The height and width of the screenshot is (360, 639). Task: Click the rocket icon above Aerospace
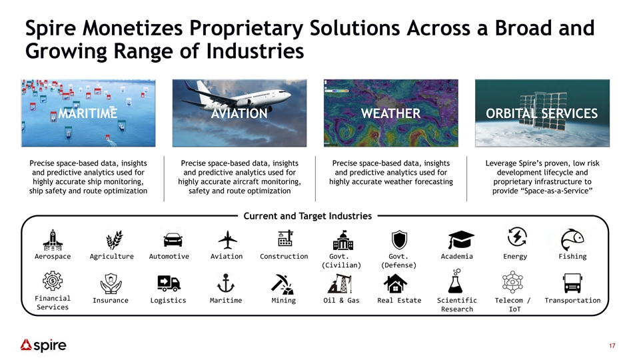coord(53,240)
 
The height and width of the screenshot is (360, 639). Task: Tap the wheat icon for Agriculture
coord(114,240)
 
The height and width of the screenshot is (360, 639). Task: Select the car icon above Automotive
coord(173,240)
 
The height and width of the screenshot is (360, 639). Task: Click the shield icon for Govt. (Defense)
coord(399,240)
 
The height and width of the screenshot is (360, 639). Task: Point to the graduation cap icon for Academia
coord(461,240)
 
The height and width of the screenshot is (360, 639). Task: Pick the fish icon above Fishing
coord(572,240)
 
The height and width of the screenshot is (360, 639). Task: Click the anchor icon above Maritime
coord(226,283)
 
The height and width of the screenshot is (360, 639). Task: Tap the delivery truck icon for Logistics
coord(169,283)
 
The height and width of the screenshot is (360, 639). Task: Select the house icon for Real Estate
coord(395,283)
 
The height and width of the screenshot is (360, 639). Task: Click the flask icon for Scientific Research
coord(455,281)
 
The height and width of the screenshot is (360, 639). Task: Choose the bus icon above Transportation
coord(572,283)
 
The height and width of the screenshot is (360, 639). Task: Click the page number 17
coord(612,346)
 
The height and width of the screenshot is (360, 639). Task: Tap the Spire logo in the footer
coord(43,345)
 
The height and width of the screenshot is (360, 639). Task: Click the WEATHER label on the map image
coord(391,113)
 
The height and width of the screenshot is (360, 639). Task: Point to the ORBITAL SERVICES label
coord(542,113)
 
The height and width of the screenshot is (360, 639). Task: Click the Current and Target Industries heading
coord(308,216)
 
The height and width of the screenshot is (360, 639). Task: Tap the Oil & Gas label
coord(342,301)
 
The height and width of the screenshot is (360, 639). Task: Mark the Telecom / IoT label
coord(513,305)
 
